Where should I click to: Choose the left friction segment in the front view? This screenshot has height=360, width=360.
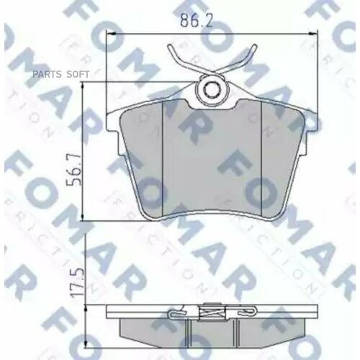point(141,158)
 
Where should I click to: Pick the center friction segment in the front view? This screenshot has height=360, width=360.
point(212,162)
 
